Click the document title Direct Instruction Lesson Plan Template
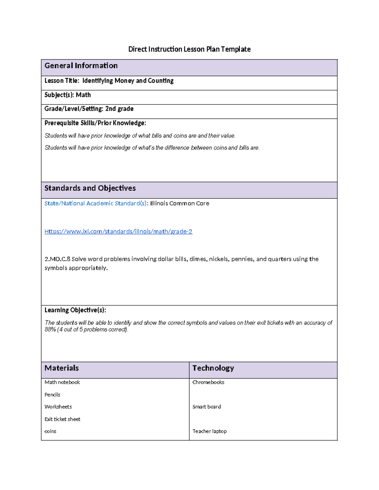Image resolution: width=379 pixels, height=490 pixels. coord(189,49)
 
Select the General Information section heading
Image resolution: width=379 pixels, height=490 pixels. coord(81,66)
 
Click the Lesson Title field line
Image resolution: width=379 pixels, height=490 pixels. coord(109,81)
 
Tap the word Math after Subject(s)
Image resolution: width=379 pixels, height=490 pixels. coord(83,95)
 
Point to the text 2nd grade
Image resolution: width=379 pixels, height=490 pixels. coord(119,109)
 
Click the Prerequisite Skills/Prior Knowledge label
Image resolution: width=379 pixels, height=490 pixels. coord(95,123)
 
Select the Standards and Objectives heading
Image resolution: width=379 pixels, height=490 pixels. coord(90,188)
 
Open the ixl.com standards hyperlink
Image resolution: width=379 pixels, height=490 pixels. coord(118,232)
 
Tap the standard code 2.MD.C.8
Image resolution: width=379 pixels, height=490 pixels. coord(57,259)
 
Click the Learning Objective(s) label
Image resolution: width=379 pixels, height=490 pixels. coord(75,310)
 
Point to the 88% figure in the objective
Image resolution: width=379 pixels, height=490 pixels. coord(50,329)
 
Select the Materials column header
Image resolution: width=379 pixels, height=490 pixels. coord(62,368)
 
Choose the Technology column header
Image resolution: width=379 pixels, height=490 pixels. coord(213,368)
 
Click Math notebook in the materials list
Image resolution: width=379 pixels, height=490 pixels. coord(62,382)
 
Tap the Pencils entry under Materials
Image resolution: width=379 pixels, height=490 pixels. coord(52,395)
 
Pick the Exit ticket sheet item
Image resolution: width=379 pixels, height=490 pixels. coord(62,419)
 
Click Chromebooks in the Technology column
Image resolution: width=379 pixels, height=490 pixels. coord(208,382)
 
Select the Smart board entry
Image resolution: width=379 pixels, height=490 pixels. coord(207,407)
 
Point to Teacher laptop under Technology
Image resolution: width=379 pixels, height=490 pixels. coord(209,431)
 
